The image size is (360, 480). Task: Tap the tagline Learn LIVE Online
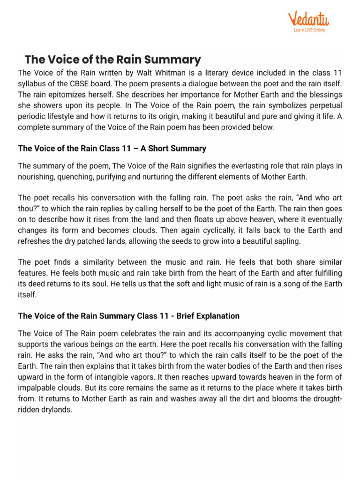(x=309, y=30)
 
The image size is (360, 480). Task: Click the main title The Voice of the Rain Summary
(x=112, y=60)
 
